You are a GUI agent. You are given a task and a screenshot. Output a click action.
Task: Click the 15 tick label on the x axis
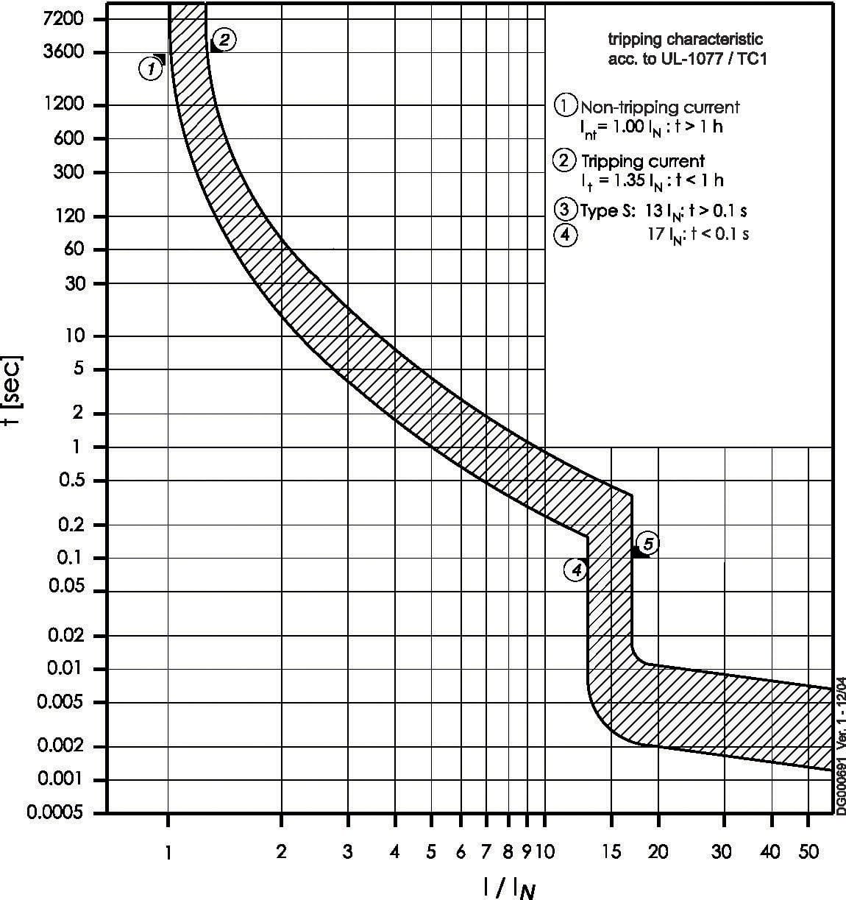[x=611, y=852]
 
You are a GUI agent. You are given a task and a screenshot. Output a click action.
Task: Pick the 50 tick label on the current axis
[x=808, y=852]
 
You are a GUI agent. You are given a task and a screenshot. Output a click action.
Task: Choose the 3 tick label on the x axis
[x=348, y=852]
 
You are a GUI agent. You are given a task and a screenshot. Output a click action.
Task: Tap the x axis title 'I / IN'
[x=509, y=888]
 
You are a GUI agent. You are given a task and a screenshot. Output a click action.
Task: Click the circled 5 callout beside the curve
[x=648, y=544]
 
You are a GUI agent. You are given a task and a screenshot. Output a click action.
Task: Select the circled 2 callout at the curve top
[x=224, y=40]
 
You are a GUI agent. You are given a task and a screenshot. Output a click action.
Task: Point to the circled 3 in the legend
[x=564, y=210]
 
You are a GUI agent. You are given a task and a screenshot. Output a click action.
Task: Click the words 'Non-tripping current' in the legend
[x=660, y=107]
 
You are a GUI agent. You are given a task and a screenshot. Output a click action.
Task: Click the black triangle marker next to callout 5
[x=638, y=552]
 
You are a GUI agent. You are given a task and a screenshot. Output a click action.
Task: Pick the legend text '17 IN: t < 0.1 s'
[x=697, y=235]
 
